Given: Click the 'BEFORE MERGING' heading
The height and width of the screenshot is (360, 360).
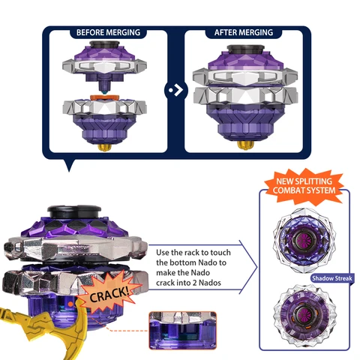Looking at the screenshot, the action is click(108, 32).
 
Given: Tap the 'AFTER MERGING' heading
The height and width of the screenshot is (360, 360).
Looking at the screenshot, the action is click(244, 32).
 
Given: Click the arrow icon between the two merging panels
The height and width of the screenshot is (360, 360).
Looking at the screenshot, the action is click(175, 90).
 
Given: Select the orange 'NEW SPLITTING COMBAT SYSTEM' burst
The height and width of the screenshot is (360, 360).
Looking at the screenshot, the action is click(304, 186).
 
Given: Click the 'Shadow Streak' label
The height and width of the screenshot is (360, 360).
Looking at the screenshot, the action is click(332, 278).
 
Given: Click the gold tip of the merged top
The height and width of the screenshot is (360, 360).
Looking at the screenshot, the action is click(245, 145).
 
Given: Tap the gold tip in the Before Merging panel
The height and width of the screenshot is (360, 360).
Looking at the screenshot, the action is click(105, 147).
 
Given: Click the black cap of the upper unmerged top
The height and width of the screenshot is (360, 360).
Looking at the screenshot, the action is click(104, 44).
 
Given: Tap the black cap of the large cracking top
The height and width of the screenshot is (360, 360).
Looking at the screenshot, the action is click(74, 211).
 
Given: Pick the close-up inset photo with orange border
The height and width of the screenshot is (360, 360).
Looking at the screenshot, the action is click(182, 330).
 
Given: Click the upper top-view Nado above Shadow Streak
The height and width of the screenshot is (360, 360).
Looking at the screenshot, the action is click(304, 240).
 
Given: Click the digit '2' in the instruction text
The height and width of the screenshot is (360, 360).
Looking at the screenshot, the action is click(193, 283).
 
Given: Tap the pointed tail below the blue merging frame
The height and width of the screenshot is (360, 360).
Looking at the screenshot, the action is click(69, 165).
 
